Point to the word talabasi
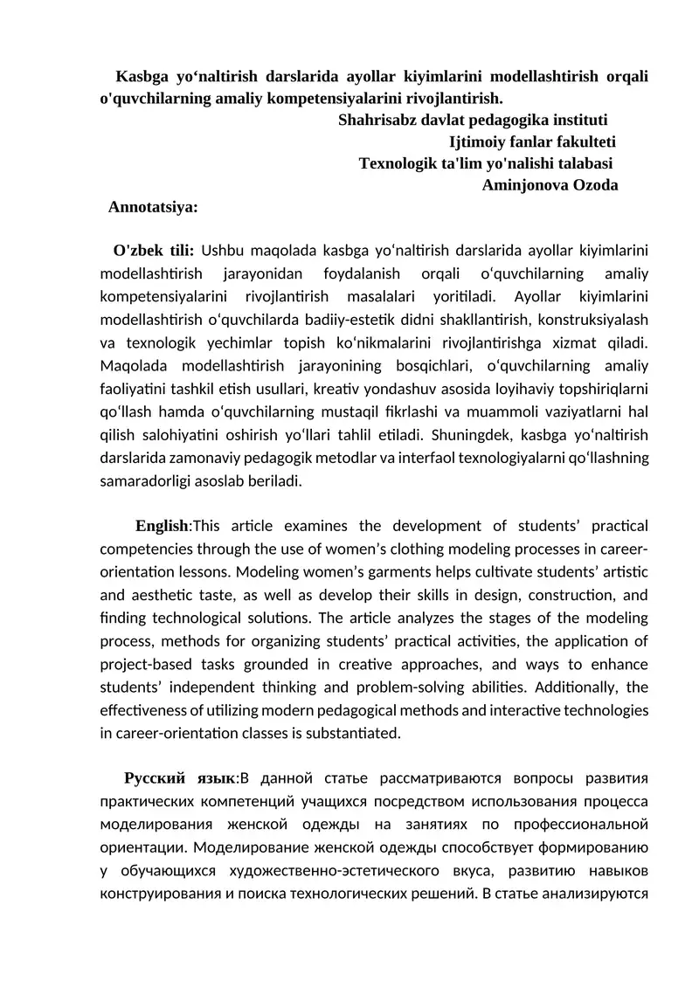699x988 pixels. click(580, 162)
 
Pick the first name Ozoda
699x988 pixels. click(597, 184)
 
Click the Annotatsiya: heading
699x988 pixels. click(152, 207)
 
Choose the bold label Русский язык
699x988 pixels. click(180, 777)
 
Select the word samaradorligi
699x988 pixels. click(145, 480)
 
